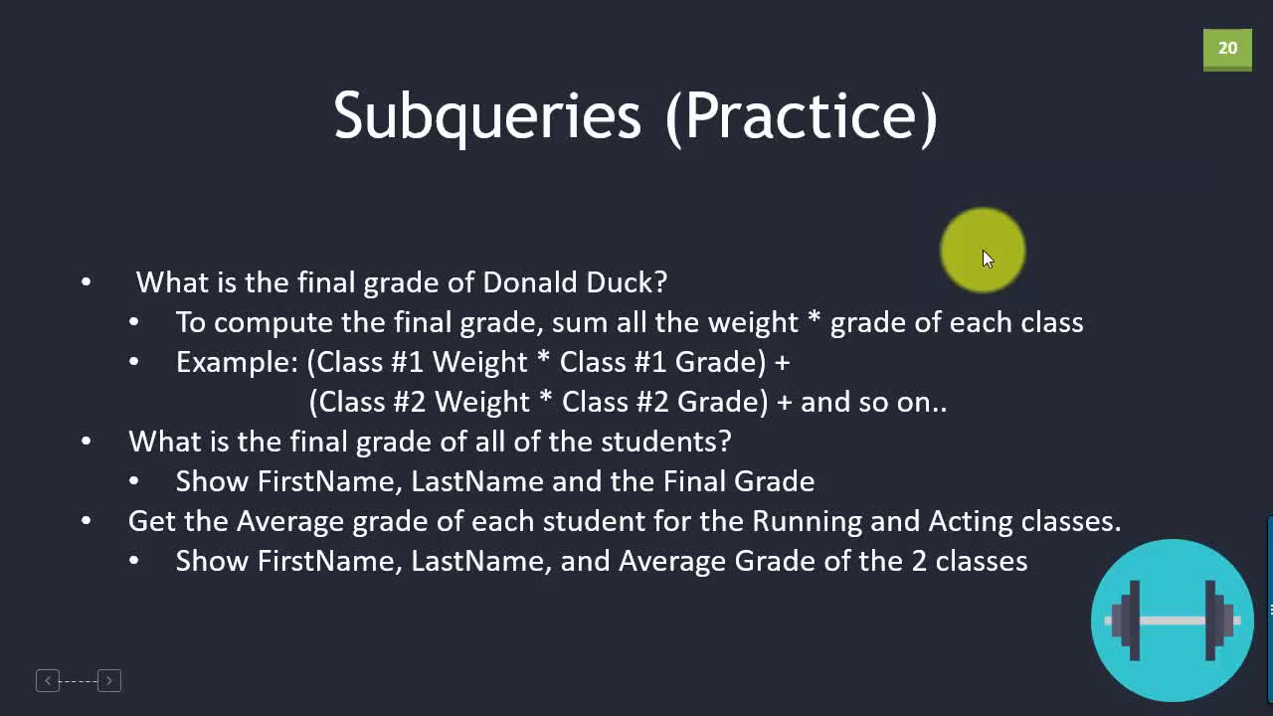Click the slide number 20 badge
[x=1227, y=49]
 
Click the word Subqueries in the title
[x=487, y=117]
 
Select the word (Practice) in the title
[x=802, y=117]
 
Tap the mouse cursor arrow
[x=989, y=260]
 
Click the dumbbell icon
[x=1173, y=621]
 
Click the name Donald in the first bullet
[x=530, y=282]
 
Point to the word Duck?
[x=627, y=282]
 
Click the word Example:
[x=237, y=363]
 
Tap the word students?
[x=666, y=442]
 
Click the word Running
[x=807, y=522]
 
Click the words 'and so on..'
[x=873, y=403]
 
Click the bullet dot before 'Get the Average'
[x=87, y=521]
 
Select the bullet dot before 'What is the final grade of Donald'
[x=87, y=282]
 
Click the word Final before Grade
[x=694, y=482]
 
